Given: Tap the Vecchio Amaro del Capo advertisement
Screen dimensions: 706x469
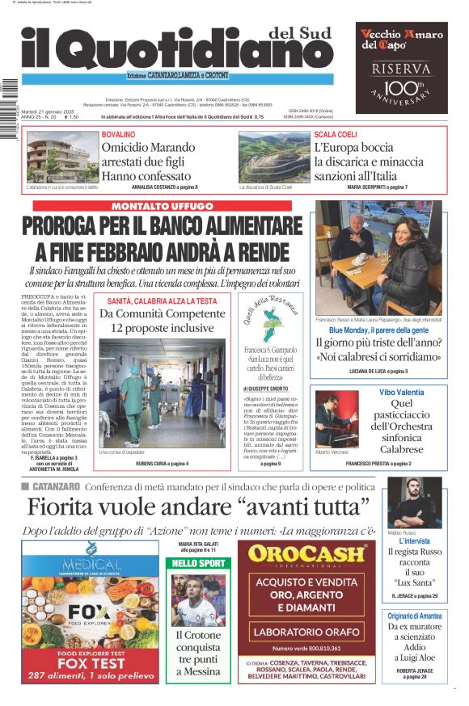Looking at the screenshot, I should [401, 67].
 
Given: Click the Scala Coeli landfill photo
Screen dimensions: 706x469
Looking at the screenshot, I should [273, 157].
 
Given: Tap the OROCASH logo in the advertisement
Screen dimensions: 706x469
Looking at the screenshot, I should [306, 555].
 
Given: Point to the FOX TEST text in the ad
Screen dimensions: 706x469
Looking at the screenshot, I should [91, 662].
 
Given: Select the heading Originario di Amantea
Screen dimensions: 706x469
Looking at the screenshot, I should [413, 616].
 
